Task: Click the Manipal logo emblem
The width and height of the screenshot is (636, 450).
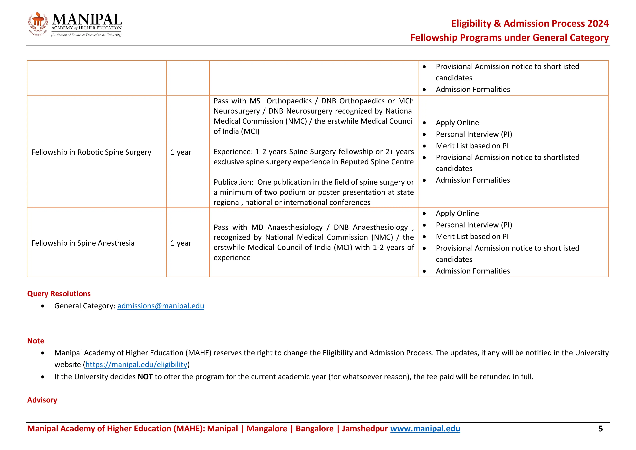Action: point(38,24)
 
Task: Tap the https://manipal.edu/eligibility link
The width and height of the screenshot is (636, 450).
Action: point(136,364)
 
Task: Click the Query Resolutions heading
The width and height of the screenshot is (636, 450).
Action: point(59,293)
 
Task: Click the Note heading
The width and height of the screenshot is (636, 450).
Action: point(36,341)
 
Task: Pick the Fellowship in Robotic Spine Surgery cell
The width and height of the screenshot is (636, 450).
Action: point(91,152)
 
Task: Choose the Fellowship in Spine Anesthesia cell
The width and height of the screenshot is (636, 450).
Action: point(83,243)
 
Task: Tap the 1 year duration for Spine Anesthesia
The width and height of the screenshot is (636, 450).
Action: point(181,243)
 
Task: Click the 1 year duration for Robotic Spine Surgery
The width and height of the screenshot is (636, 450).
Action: point(181,152)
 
